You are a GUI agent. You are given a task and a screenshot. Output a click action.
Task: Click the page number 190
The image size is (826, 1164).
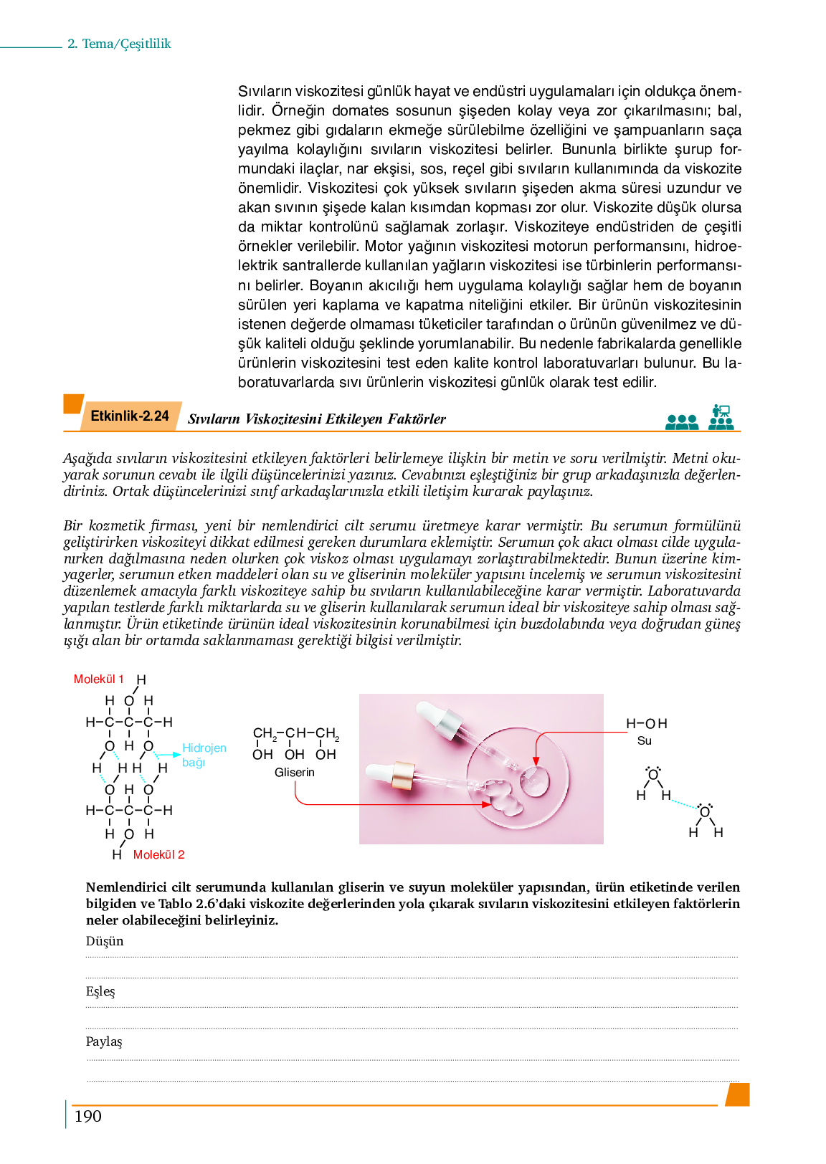(x=87, y=1116)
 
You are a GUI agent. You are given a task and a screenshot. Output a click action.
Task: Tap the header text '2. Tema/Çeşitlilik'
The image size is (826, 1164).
(x=119, y=44)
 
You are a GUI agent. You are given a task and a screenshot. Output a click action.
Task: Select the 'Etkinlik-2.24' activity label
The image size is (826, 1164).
(x=129, y=416)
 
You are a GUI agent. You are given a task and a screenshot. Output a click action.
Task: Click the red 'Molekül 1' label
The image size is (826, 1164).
(x=98, y=679)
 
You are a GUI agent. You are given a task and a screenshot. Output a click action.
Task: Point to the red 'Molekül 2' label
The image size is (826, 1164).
(x=158, y=854)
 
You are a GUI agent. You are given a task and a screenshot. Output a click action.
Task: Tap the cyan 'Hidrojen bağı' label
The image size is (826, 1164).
(x=204, y=755)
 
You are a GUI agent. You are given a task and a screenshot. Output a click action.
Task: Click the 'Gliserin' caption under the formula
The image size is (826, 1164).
(x=294, y=772)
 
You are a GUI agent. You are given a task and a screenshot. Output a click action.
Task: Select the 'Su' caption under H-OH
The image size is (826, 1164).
(x=644, y=740)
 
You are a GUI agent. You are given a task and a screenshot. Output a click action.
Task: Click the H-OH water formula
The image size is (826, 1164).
(x=646, y=723)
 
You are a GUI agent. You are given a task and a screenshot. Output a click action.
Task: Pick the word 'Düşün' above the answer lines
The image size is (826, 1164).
(x=105, y=941)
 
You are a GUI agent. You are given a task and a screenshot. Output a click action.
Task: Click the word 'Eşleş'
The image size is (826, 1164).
(x=100, y=991)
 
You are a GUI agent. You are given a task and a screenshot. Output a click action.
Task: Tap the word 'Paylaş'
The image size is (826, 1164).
(x=104, y=1041)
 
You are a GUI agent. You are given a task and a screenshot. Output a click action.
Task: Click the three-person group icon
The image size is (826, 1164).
(x=681, y=421)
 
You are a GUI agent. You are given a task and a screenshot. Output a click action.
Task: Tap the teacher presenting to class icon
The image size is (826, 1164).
(x=721, y=416)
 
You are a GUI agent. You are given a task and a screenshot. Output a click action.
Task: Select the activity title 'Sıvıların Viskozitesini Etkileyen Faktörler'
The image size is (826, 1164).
(x=316, y=419)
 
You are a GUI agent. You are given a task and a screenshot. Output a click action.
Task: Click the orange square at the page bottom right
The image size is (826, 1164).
(x=738, y=1094)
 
